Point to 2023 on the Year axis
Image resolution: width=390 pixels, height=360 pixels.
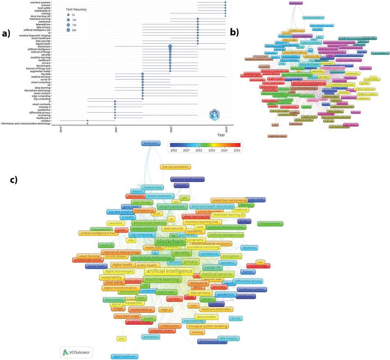pyautogui.click(x=170, y=128)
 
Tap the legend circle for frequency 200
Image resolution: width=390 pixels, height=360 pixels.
pyautogui.click(x=67, y=30)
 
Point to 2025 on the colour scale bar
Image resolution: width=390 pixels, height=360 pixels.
pyautogui.click(x=237, y=151)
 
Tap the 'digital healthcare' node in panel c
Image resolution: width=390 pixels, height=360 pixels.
pyautogui.click(x=125, y=356)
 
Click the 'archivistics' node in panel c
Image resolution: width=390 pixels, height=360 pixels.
pyautogui.click(x=151, y=143)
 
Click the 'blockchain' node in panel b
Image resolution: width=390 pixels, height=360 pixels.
pyautogui.click(x=311, y=64)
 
